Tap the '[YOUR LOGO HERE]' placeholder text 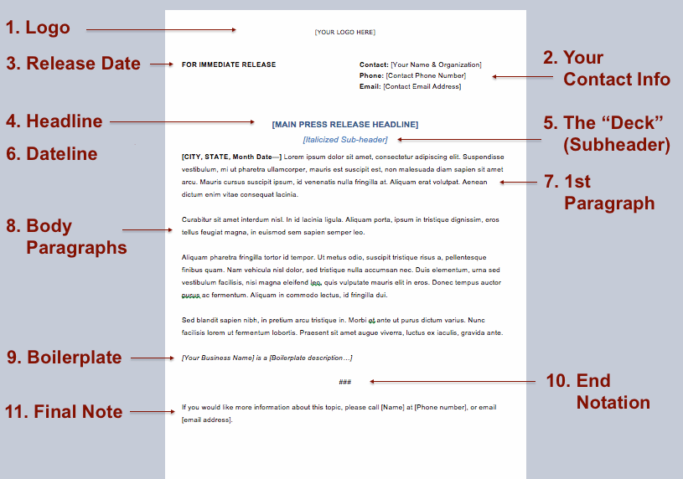pos(345,33)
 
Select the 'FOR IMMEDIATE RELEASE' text pos(229,64)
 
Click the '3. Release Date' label pos(74,64)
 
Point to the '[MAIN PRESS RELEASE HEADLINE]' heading pos(345,125)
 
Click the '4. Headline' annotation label pos(54,121)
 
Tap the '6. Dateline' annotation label pos(52,154)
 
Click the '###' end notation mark pos(344,382)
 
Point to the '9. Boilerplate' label pos(65,358)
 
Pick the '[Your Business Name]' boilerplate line pos(266,358)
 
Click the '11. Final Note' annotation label pos(64,411)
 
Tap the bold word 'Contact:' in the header pos(374,64)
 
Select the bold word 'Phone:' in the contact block pos(371,75)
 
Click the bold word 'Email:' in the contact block pos(370,86)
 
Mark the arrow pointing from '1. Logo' pos(162,30)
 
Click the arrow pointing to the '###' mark pos(453,382)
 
